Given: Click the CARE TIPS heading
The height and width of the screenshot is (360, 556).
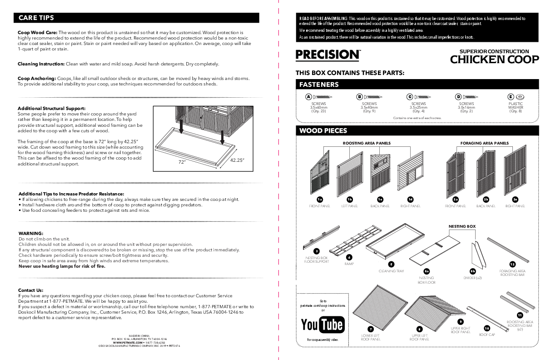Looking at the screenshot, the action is [x=36, y=18].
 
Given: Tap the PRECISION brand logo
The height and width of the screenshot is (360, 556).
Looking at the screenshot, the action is [x=328, y=55].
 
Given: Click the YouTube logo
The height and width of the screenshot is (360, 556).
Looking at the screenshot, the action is [x=322, y=324].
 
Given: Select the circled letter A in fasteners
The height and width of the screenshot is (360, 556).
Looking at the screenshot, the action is [x=308, y=97].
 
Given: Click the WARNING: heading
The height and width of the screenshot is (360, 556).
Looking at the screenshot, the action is [x=30, y=233].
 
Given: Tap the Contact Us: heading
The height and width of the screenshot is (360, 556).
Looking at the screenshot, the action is [x=31, y=290].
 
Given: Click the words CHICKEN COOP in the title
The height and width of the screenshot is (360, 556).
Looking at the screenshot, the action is [x=494, y=60].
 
